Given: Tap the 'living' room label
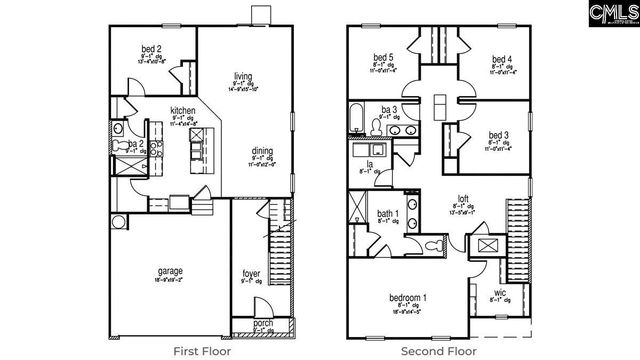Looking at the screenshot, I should (243, 75).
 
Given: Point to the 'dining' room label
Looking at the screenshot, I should (263, 150).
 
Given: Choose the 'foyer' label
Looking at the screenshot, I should (251, 273).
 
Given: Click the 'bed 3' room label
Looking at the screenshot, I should (499, 135).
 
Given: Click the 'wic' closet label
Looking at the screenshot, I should (497, 292).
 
